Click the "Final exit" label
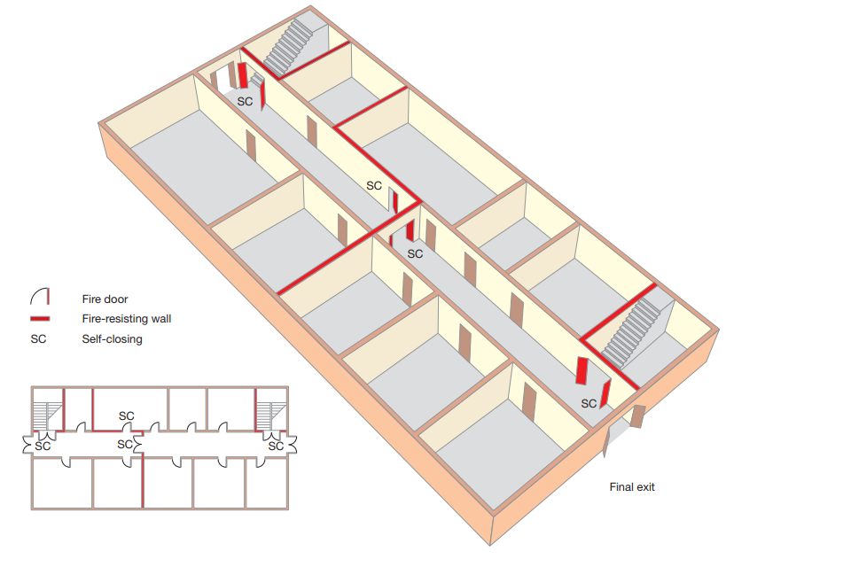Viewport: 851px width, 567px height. pyautogui.click(x=632, y=486)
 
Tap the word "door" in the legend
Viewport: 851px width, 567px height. pyautogui.click(x=116, y=299)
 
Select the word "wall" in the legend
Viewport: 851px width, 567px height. pyautogui.click(x=160, y=319)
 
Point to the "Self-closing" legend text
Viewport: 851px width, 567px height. pyautogui.click(x=113, y=339)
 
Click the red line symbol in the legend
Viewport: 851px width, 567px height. pyautogui.click(x=40, y=319)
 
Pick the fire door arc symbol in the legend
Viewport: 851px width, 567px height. pyautogui.click(x=40, y=296)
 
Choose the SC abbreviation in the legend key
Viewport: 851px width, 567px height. pyautogui.click(x=38, y=339)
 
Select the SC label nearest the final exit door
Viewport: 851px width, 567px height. pyautogui.click(x=589, y=404)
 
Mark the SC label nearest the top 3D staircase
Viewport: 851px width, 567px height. pyautogui.click(x=245, y=102)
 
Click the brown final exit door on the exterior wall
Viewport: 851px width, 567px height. pyautogui.click(x=637, y=416)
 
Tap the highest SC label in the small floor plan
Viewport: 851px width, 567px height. pyautogui.click(x=127, y=416)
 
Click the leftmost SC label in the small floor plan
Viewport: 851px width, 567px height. pyautogui.click(x=43, y=446)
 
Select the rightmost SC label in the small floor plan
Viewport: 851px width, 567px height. pyautogui.click(x=276, y=446)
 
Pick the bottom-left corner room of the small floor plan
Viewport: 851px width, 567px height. pyautogui.click(x=62, y=483)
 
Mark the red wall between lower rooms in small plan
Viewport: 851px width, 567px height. pyautogui.click(x=143, y=482)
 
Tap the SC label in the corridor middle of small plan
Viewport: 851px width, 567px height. pyautogui.click(x=125, y=445)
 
